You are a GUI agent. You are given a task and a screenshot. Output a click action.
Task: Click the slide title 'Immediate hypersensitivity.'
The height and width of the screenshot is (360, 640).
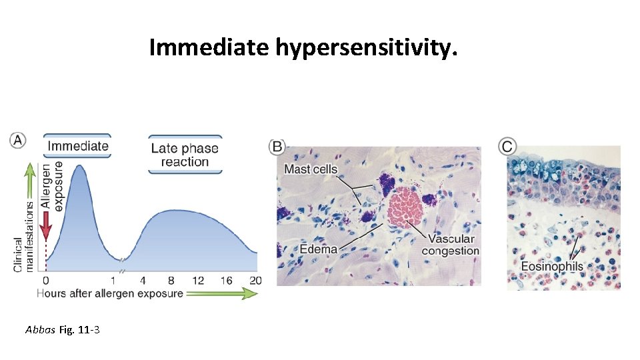click(303, 47)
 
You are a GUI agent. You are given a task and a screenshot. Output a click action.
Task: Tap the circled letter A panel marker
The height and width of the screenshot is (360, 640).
click(18, 140)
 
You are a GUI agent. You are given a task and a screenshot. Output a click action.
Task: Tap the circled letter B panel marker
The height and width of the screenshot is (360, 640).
click(277, 147)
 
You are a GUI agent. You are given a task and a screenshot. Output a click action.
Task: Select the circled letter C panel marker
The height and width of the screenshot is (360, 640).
click(508, 146)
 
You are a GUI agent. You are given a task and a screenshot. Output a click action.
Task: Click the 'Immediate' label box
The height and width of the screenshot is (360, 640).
click(77, 146)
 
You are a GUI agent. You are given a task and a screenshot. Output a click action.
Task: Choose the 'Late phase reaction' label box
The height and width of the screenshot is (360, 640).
click(185, 155)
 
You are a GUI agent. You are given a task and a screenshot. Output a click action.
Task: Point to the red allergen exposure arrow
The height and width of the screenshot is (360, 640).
click(45, 229)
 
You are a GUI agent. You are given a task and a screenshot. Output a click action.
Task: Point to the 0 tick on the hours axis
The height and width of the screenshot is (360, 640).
click(45, 281)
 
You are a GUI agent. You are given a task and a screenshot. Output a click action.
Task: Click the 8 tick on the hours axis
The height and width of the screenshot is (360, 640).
click(171, 281)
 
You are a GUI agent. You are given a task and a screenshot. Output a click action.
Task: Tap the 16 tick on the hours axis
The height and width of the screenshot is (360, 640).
click(226, 281)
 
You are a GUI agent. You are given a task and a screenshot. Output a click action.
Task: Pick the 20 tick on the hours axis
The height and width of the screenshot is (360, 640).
click(254, 281)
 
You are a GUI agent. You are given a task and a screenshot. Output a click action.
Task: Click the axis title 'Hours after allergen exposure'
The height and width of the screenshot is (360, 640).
click(109, 293)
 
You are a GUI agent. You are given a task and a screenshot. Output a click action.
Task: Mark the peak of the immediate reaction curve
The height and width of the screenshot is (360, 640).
click(79, 166)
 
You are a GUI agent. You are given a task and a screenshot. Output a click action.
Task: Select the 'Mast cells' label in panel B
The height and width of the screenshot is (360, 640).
click(311, 169)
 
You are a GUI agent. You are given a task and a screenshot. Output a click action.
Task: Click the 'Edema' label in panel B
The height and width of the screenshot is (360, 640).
click(318, 249)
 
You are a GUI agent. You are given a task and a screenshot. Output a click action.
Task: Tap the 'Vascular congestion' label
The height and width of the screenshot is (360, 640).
click(451, 245)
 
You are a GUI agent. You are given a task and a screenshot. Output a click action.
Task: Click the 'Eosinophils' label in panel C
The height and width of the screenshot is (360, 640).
click(552, 267)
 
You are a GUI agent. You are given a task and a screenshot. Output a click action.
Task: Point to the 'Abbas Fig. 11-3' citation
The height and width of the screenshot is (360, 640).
click(62, 329)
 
